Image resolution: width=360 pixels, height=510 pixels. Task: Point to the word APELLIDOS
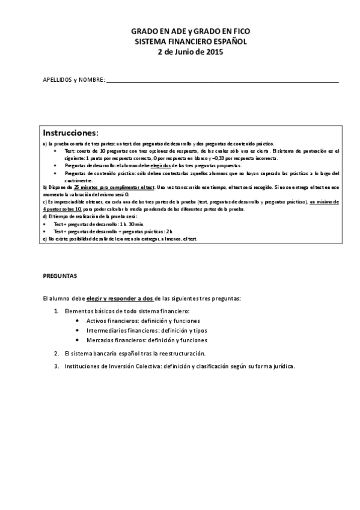click(57, 80)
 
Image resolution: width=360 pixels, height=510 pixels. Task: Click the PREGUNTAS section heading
click(60, 276)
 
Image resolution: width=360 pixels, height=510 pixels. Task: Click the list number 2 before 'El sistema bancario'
click(56, 353)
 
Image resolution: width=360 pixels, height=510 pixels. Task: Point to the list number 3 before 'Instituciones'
click(56, 366)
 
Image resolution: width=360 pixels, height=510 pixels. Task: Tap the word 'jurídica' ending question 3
click(282, 366)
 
